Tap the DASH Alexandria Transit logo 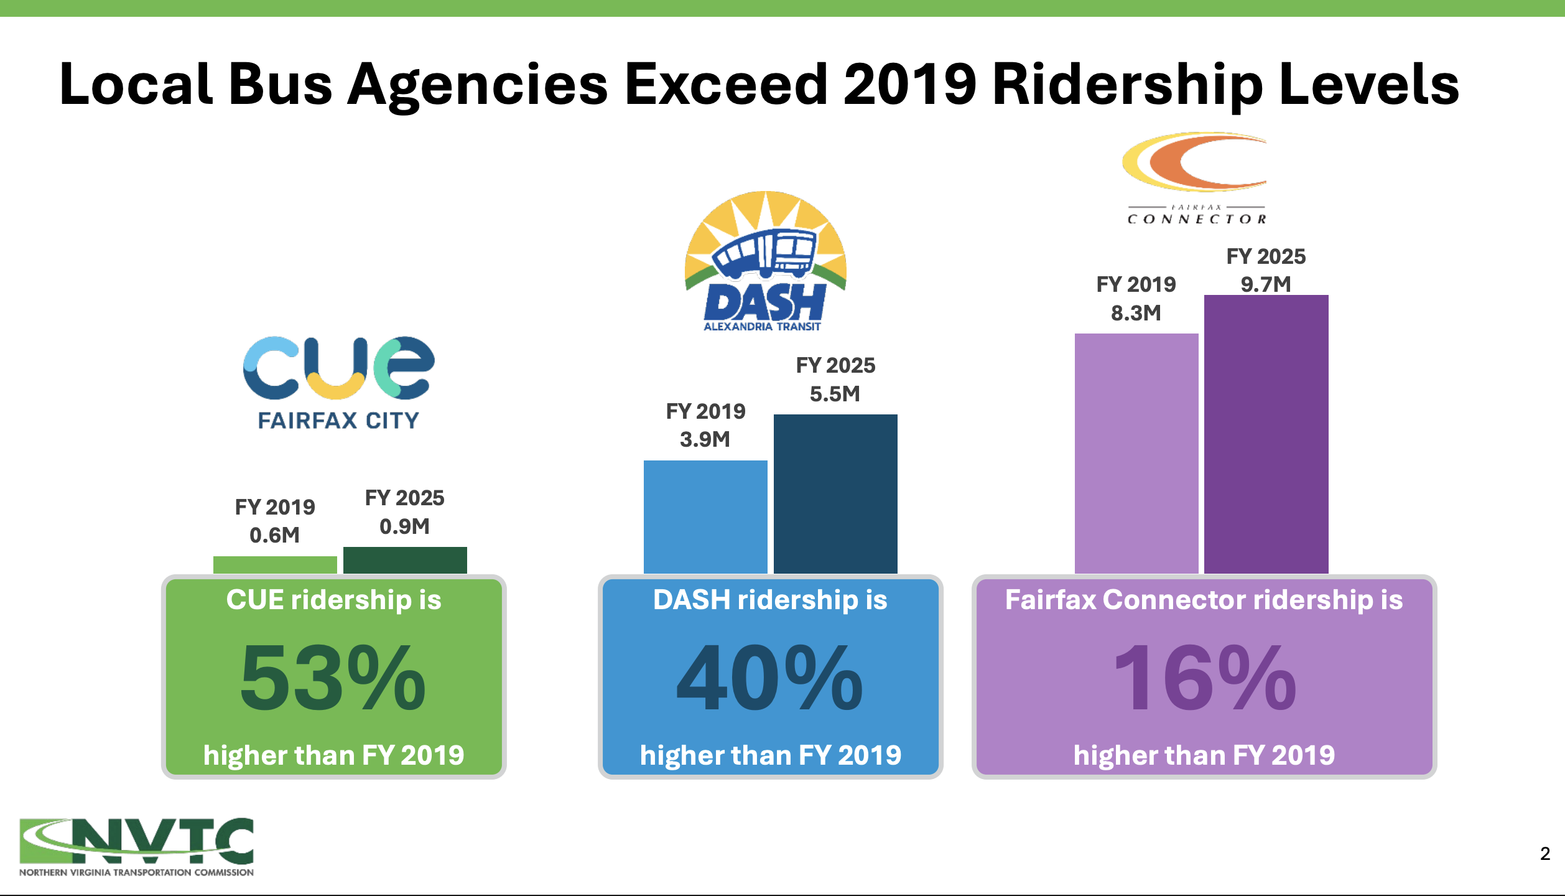click(x=765, y=261)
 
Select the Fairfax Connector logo click(x=1196, y=178)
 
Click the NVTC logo click(x=136, y=846)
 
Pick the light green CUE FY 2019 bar click(x=275, y=565)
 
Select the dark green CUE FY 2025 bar click(x=405, y=560)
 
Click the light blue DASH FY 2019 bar click(x=705, y=516)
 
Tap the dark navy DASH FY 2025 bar click(x=835, y=493)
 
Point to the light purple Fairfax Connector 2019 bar click(x=1136, y=453)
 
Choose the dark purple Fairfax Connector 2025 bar click(x=1266, y=434)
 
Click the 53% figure click(x=333, y=678)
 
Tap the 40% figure click(x=770, y=678)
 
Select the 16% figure click(x=1204, y=678)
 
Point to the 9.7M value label click(x=1266, y=284)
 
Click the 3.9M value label click(x=705, y=439)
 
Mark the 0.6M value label click(x=274, y=535)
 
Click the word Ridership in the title click(x=1127, y=85)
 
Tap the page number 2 click(x=1545, y=854)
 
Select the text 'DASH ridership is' click(x=770, y=600)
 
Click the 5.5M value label click(x=835, y=394)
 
